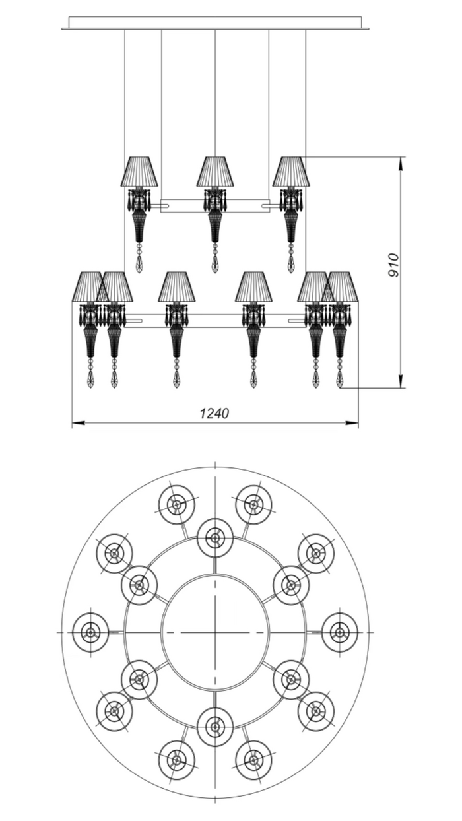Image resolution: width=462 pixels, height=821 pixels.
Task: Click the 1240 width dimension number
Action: (x=214, y=413)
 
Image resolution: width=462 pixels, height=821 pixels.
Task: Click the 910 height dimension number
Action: (x=393, y=265)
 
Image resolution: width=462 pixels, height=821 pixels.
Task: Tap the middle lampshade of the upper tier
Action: (x=215, y=172)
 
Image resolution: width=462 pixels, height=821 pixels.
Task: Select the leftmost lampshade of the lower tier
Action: (x=90, y=286)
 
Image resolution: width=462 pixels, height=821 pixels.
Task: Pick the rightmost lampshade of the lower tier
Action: (x=341, y=286)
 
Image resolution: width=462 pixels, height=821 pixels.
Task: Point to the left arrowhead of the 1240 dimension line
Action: (x=77, y=423)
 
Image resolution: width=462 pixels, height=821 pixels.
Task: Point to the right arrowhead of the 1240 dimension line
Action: (x=352, y=423)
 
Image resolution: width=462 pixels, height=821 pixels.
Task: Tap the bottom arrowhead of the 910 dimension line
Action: (x=402, y=381)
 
